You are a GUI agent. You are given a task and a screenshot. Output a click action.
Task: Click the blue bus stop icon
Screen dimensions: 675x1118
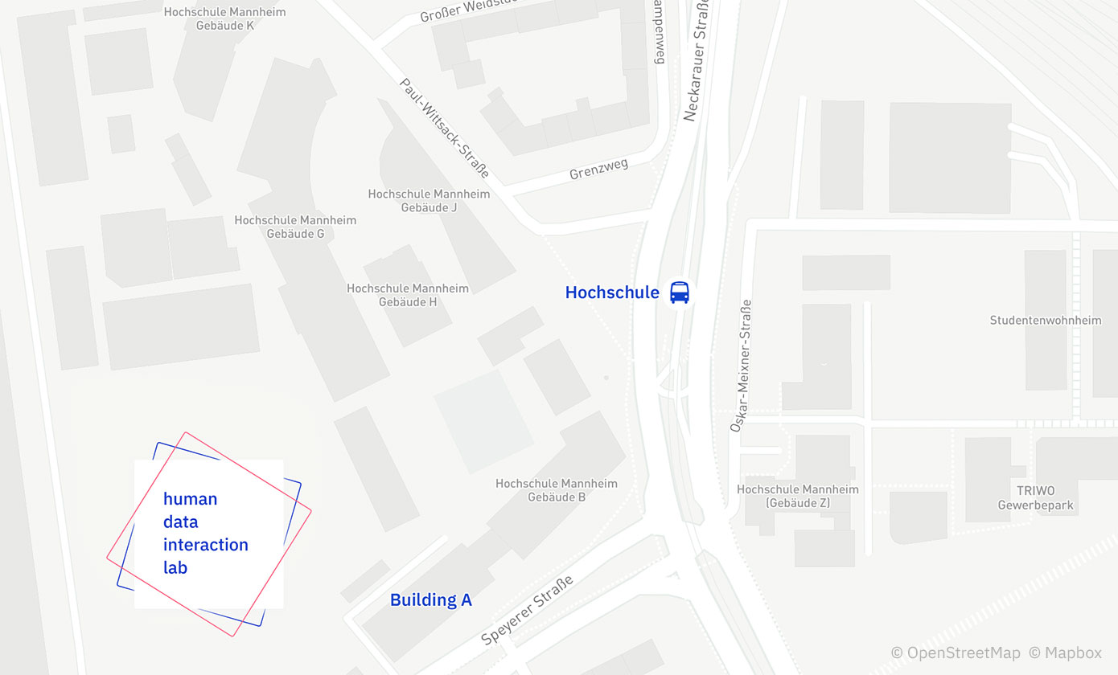[680, 292]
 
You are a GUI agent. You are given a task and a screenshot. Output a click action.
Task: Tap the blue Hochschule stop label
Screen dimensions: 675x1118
[612, 292]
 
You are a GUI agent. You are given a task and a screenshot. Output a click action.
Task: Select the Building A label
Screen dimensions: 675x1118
[430, 599]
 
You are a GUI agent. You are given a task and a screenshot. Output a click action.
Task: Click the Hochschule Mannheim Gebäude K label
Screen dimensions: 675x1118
[224, 18]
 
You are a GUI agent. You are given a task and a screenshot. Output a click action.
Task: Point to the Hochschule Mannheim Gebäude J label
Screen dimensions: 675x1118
[429, 200]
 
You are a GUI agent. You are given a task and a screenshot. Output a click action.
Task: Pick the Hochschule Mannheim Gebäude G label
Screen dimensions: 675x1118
[295, 227]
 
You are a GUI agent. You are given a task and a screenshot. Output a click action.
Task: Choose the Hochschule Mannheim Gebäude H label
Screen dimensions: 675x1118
[408, 295]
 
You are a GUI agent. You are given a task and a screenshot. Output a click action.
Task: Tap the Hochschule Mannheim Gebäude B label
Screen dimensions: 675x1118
[557, 490]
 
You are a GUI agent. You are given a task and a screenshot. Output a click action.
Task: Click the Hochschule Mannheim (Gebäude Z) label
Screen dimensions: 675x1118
[797, 496]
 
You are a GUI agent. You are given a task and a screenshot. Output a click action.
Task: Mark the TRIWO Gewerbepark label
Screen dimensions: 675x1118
[1035, 498]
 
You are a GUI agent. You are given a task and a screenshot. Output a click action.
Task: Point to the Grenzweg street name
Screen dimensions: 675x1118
[598, 169]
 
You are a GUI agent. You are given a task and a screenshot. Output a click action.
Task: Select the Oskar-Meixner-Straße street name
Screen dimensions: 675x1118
[741, 366]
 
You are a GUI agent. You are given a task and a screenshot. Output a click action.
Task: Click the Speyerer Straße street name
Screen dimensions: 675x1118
[527, 610]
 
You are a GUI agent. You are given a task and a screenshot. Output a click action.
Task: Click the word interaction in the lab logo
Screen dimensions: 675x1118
[205, 544]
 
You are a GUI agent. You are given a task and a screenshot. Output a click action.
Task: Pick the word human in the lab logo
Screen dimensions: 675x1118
[190, 498]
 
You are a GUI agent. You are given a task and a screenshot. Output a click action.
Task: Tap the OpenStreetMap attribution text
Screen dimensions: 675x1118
[956, 652]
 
